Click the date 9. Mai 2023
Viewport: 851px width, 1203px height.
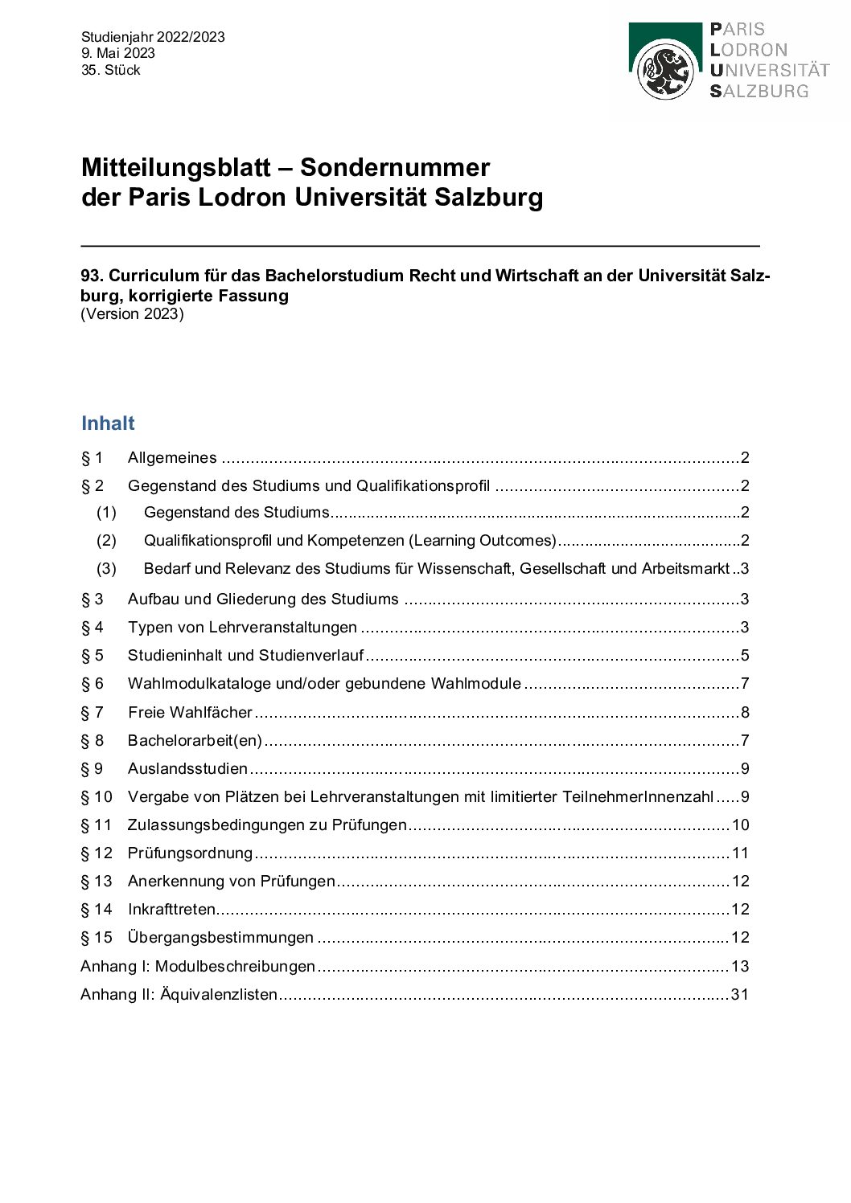click(117, 53)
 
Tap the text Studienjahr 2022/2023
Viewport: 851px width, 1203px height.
click(153, 37)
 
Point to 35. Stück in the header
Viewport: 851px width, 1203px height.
click(110, 70)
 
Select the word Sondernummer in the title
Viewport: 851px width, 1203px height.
click(394, 167)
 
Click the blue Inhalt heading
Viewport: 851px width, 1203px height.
click(108, 424)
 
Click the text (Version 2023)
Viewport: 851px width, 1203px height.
click(132, 314)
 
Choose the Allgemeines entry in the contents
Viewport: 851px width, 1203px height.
click(172, 458)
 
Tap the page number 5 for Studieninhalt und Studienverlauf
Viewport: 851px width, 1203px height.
click(745, 656)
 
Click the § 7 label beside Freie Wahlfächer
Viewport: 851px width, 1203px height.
click(92, 713)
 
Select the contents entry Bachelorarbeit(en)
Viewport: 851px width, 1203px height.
click(195, 741)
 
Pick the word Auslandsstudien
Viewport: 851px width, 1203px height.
click(187, 769)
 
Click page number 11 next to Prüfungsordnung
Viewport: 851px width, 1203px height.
click(740, 853)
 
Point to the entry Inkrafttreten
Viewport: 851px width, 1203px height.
click(171, 910)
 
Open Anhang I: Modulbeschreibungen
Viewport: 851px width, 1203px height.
click(198, 967)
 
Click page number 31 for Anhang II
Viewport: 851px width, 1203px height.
click(739, 995)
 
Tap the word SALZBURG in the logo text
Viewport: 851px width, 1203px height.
click(758, 92)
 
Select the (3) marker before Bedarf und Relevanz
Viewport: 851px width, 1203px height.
click(106, 569)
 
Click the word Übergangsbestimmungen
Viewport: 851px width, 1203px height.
click(220, 938)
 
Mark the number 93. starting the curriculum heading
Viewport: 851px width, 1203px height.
click(92, 276)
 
